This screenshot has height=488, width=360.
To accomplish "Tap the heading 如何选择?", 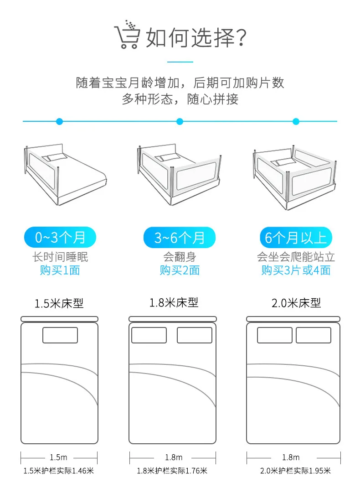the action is [x=196, y=37].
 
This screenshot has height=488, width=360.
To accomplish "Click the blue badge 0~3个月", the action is [x=60, y=238].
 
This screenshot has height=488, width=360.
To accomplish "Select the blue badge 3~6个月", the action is [x=180, y=238].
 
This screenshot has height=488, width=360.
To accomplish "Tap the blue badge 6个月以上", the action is [x=296, y=238].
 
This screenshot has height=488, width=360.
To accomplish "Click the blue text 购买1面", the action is [x=60, y=270].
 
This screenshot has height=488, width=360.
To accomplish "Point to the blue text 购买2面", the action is [x=180, y=270].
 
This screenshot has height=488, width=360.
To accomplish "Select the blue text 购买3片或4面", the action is [x=296, y=270].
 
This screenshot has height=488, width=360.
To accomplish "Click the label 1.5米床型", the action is [x=59, y=303].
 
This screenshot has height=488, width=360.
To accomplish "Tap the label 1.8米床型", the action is [x=174, y=302].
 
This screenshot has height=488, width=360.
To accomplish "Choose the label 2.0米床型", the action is [x=296, y=303].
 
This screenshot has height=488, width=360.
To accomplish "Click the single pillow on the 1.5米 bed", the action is [x=60, y=335].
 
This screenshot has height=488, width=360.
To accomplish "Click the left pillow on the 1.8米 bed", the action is [x=149, y=335].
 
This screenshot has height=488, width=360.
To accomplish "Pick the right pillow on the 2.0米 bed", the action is [x=314, y=335].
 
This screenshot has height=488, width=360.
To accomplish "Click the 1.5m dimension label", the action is [x=59, y=457].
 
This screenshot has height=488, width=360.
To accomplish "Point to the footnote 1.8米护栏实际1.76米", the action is [x=172, y=471].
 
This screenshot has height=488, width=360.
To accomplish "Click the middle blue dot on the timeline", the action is [x=180, y=121].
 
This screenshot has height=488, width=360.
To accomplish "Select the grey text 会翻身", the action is [x=180, y=257].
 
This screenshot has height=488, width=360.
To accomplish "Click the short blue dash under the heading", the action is [x=180, y=62].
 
